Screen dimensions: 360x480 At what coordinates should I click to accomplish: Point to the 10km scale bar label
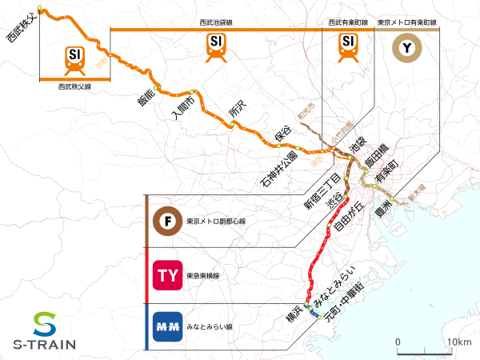(x=459, y=342)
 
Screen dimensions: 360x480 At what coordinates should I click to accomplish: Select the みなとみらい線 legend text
(x=209, y=327)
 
